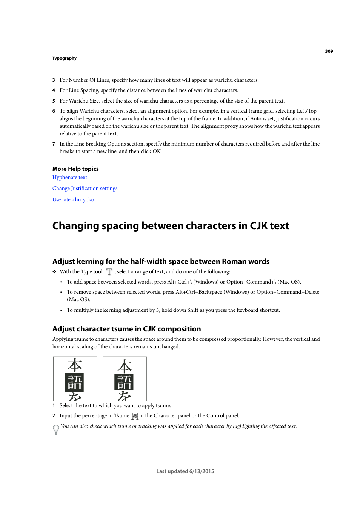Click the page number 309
(x=329, y=51)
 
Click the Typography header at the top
(x=65, y=58)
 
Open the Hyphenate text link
(x=70, y=178)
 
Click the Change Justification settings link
(x=85, y=189)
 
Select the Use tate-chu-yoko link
(x=73, y=200)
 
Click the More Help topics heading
(x=75, y=169)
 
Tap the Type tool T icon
(x=109, y=272)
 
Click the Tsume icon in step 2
(x=135, y=416)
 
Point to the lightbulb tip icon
(x=56, y=429)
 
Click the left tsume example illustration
(x=75, y=379)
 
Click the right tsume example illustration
(x=125, y=379)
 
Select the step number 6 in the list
(x=54, y=111)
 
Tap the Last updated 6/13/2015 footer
(x=185, y=471)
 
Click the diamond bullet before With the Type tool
(x=54, y=272)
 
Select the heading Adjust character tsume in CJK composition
(x=126, y=329)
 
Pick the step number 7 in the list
(x=54, y=144)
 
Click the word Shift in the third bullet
(x=193, y=310)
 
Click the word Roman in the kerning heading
(x=234, y=262)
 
